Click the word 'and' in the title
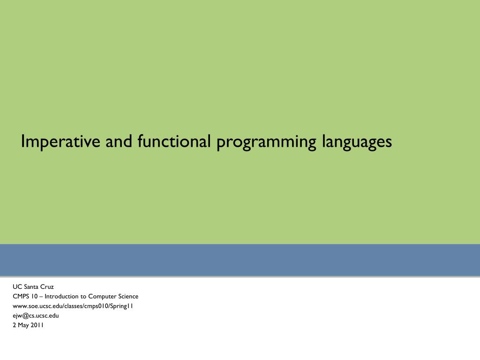[119, 141]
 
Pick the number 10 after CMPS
[35, 296]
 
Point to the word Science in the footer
[128, 296]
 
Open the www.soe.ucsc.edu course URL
[73, 306]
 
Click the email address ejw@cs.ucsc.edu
[36, 315]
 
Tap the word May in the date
[23, 325]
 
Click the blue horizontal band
[240, 260]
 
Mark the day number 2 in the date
[14, 325]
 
